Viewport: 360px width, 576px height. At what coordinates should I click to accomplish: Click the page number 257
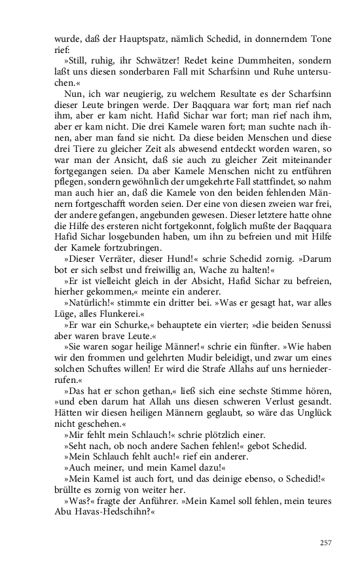point(327,543)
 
